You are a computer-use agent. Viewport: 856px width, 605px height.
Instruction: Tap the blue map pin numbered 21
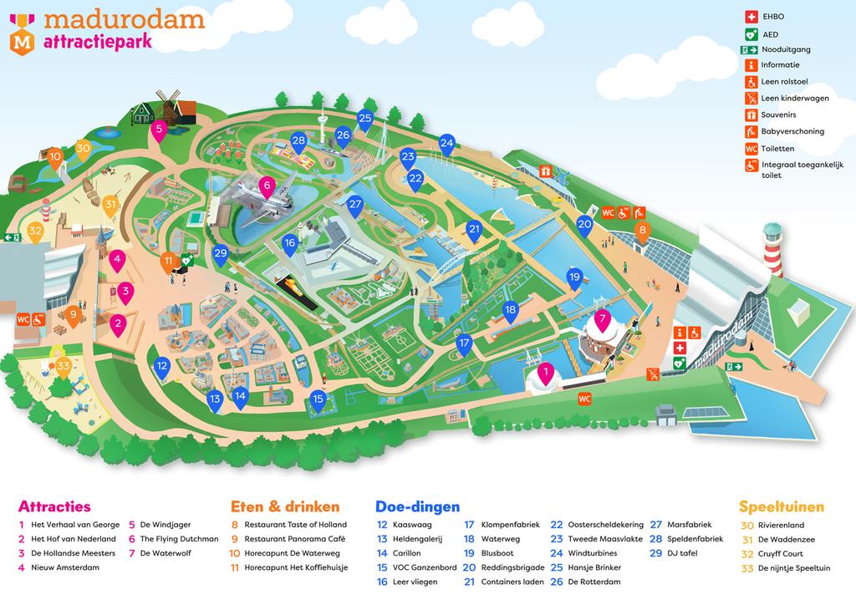474,230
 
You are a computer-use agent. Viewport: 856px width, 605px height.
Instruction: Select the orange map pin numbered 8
642,231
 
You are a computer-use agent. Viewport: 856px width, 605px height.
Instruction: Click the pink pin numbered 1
546,373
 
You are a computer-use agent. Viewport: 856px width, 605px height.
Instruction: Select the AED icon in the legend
750,34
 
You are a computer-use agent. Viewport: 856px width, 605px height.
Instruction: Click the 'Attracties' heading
54,506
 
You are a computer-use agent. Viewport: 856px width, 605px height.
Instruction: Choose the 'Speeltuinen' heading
781,506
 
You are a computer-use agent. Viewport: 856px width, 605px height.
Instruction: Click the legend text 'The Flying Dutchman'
179,539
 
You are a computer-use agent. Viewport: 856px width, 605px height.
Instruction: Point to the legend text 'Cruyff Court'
781,553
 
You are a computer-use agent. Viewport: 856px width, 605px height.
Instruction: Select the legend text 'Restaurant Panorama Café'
294,539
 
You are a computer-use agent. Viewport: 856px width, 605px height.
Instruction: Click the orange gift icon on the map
545,171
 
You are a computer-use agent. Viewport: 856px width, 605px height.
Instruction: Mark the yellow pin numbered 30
83,149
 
